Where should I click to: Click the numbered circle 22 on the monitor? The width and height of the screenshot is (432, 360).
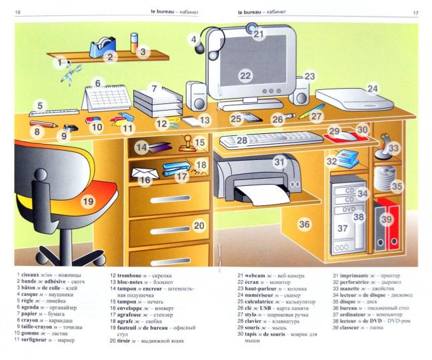coord(245,76)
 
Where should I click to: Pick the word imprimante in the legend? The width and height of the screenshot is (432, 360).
coord(352,274)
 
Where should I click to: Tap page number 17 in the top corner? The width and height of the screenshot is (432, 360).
coord(415,12)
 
